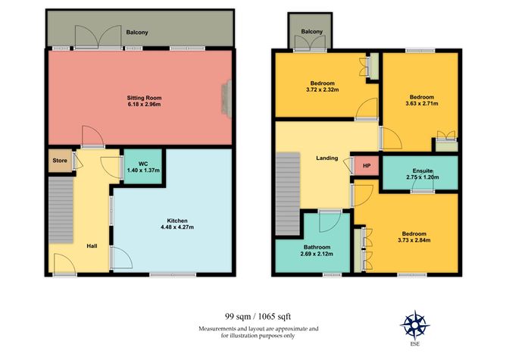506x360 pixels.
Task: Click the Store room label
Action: [x=59, y=160]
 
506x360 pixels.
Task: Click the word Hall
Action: [x=91, y=246]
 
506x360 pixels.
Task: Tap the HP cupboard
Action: [x=367, y=166]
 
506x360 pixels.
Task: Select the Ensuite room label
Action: [x=422, y=171]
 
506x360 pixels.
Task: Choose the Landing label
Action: [x=326, y=158]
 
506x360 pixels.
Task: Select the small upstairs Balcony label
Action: [x=311, y=31]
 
